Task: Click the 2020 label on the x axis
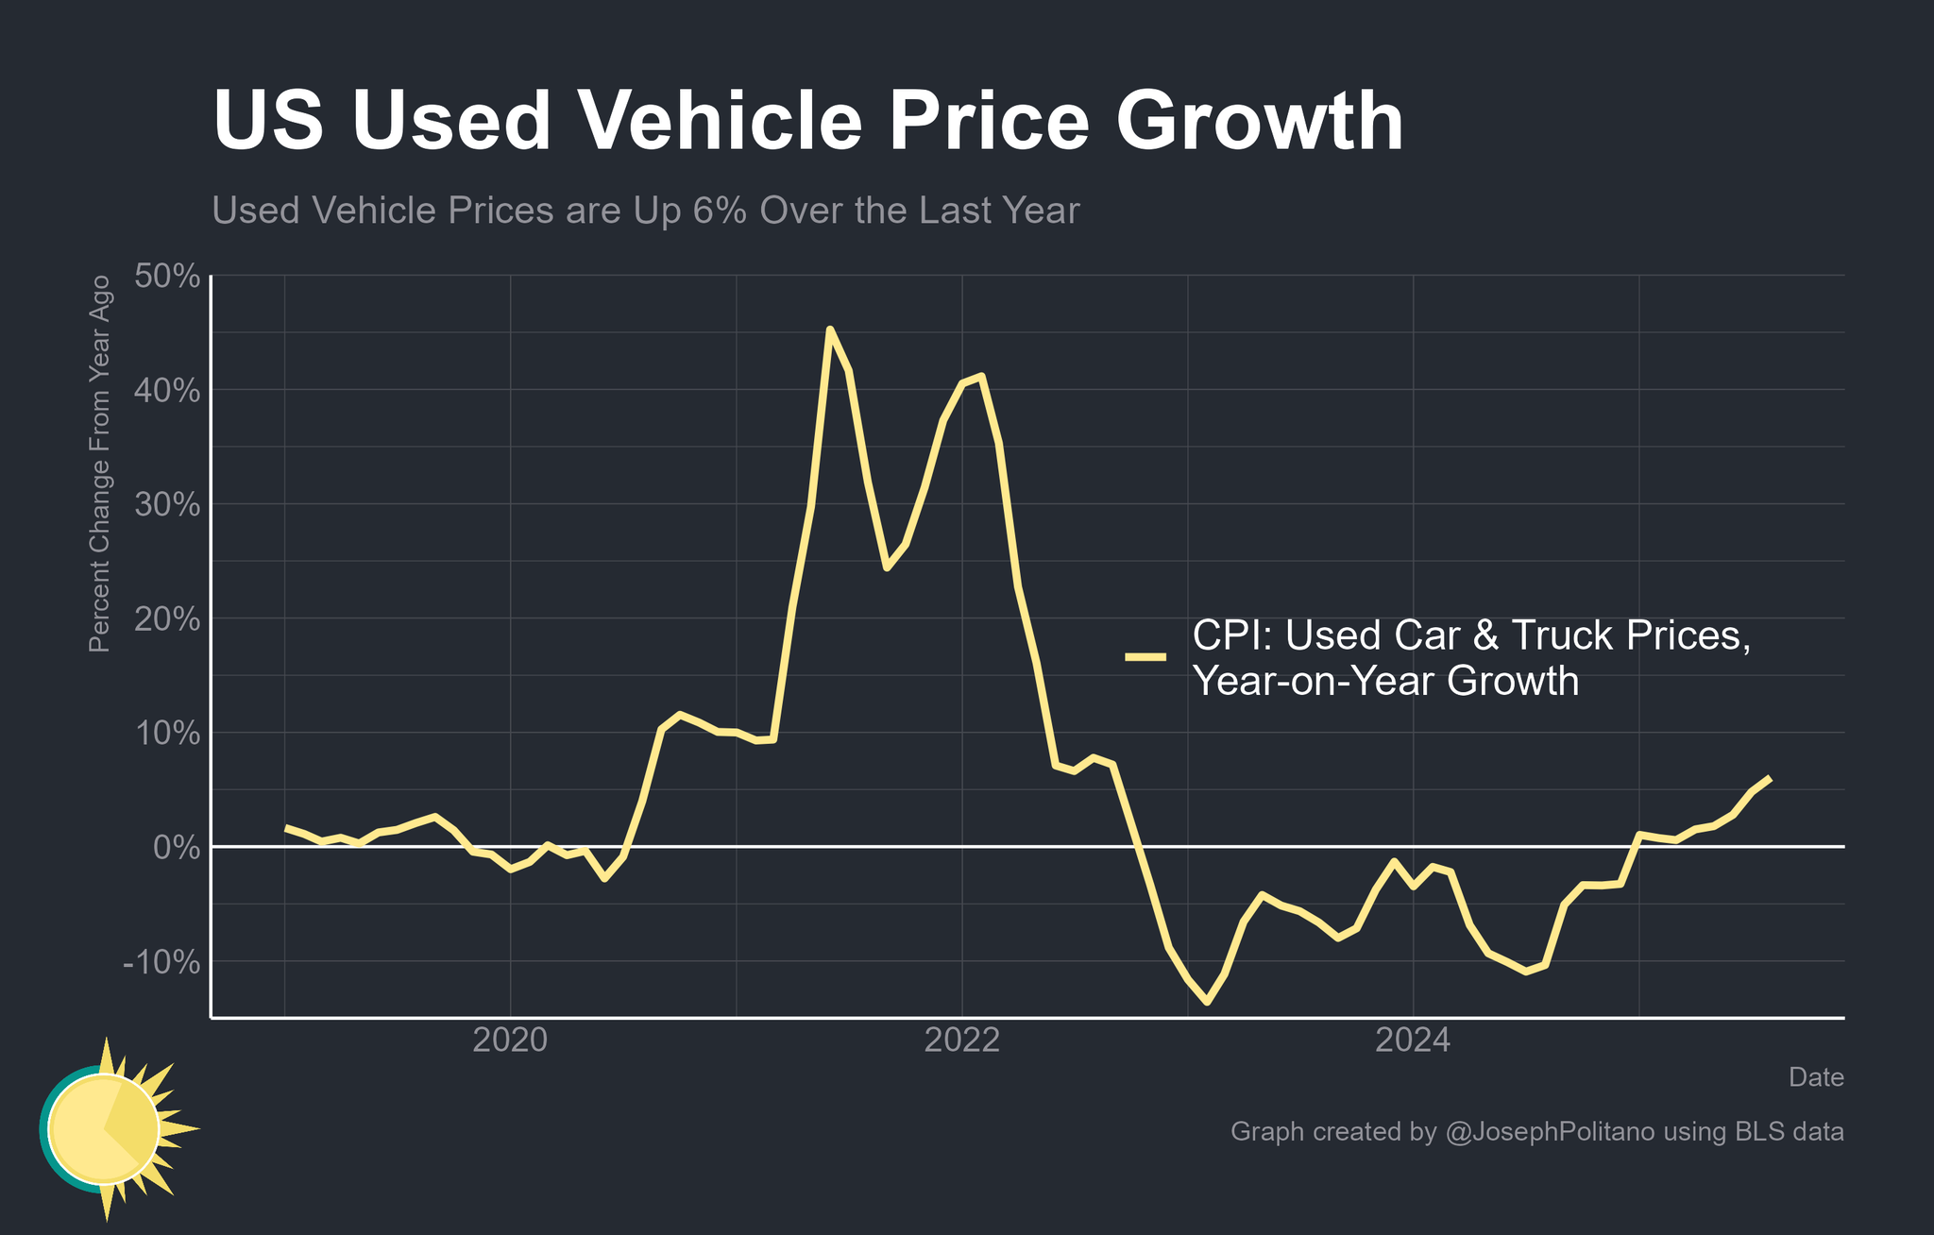pos(510,1040)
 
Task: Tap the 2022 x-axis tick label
pos(961,1040)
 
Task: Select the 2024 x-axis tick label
pos(1413,1040)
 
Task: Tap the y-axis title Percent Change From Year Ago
pos(99,464)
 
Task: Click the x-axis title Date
pos(1816,1077)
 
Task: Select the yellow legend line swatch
pos(1145,657)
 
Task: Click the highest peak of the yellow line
pos(829,330)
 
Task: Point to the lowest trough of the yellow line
pos(1207,1002)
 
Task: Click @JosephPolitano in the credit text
pos(1550,1132)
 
